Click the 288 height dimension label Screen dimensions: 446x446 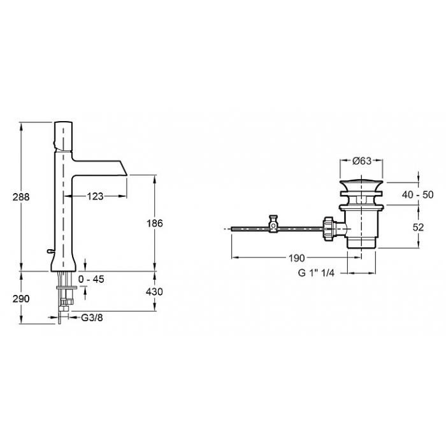pos(21,196)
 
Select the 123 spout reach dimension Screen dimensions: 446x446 pos(95,196)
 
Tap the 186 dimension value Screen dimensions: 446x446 pos(155,223)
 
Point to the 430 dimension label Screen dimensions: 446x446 pos(154,292)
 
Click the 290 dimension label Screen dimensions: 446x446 pos(21,299)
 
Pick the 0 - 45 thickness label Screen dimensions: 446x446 pos(91,279)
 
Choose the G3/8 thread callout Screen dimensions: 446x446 pos(92,317)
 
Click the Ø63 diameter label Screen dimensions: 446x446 pos(362,161)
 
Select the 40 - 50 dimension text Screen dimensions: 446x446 pos(417,194)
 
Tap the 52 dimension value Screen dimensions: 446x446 pos(417,227)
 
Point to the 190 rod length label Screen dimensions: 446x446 pos(297,258)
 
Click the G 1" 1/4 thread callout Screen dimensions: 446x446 pos(316,273)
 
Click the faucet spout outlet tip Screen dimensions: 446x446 pos(127,175)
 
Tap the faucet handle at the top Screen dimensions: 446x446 pos(63,136)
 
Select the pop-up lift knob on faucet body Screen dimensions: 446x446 pos(50,250)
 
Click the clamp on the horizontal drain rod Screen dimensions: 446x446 pos(273,224)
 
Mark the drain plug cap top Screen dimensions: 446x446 pos(361,180)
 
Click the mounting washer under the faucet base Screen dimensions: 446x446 pos(67,287)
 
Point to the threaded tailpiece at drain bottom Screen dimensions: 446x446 pos(361,244)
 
